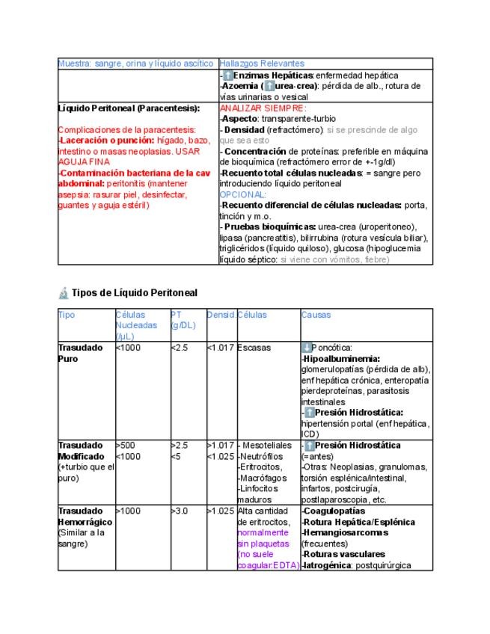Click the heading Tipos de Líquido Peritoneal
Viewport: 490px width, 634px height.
click(x=135, y=292)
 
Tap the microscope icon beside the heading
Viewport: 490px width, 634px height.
click(x=64, y=292)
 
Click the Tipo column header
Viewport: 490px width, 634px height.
click(x=67, y=315)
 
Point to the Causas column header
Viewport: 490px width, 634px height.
click(x=316, y=315)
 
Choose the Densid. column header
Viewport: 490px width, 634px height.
click(x=221, y=315)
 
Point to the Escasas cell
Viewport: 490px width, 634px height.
click(x=254, y=348)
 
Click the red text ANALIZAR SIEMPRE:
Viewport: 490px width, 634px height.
click(x=254, y=108)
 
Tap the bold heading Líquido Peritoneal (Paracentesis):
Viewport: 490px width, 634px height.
click(x=129, y=108)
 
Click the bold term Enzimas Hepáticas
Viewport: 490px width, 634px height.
click(x=273, y=76)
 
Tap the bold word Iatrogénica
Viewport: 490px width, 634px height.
click(x=328, y=565)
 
